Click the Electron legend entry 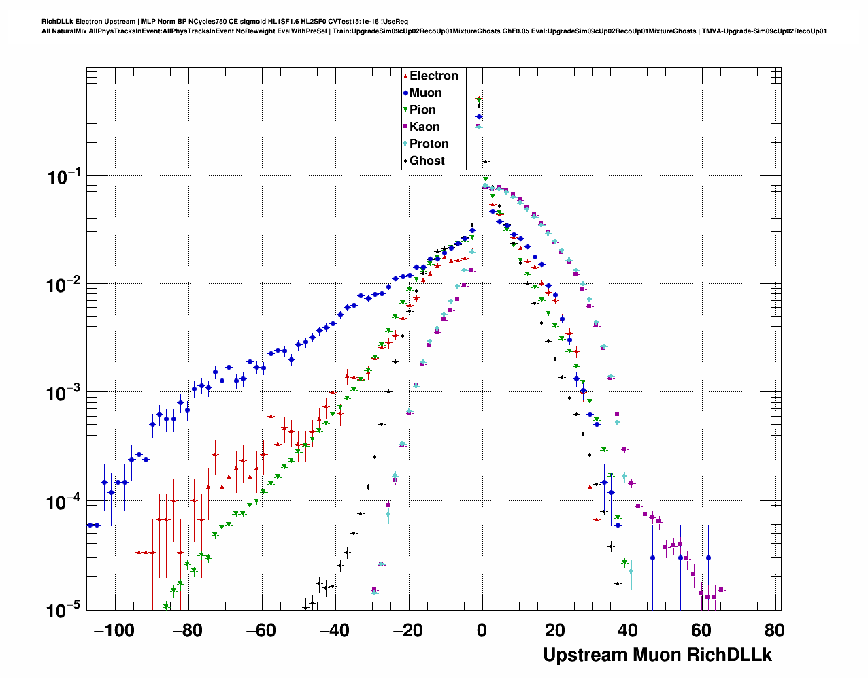(433, 76)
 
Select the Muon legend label (425, 93)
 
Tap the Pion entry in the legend (422, 110)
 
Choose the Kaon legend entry (424, 127)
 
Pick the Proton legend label (429, 144)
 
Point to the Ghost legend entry (427, 161)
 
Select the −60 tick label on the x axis (261, 630)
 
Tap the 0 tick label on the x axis (482, 630)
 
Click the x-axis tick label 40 (627, 630)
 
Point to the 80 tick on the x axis (774, 630)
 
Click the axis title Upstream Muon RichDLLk (657, 655)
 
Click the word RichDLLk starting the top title (56, 22)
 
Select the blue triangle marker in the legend (405, 93)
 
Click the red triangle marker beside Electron (405, 76)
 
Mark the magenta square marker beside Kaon (405, 127)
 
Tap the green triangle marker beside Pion (405, 110)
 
